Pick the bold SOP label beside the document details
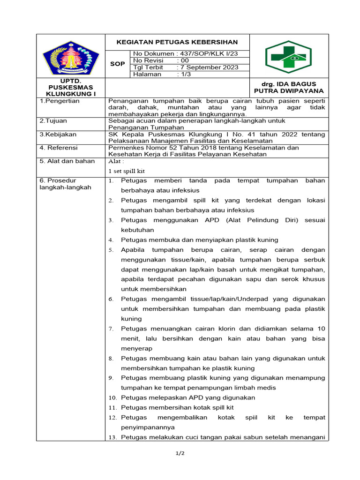coord(117,64)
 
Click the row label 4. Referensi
coord(60,147)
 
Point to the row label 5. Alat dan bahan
coord(67,161)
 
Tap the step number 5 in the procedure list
coord(111,250)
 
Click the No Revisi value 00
coord(183,60)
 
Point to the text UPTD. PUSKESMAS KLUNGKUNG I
coord(70,87)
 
